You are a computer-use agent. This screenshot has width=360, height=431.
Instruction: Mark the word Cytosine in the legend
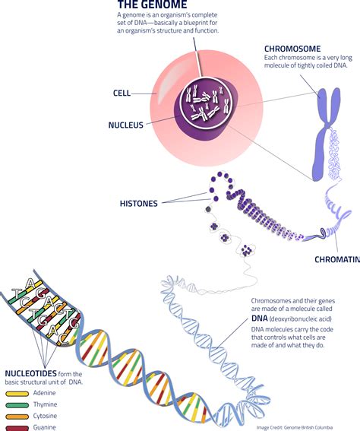(x=46, y=417)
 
